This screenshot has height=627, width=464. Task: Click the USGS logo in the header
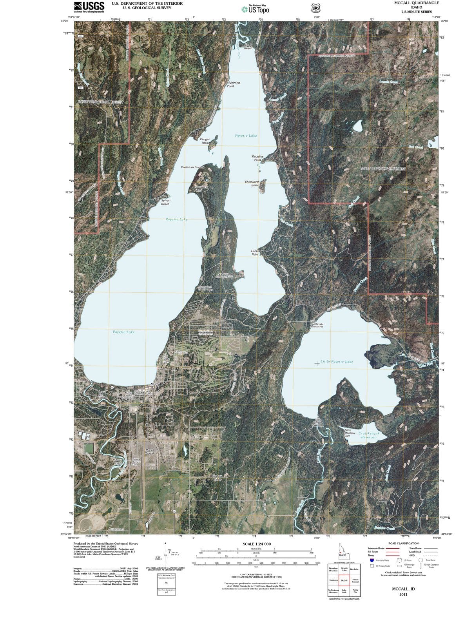pyautogui.click(x=89, y=7)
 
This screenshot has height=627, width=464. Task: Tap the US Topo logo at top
pyautogui.click(x=256, y=9)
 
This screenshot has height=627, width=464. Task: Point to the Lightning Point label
pyautogui.click(x=233, y=84)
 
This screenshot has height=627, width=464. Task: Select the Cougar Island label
pyautogui.click(x=205, y=141)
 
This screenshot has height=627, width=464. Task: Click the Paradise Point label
pyautogui.click(x=257, y=158)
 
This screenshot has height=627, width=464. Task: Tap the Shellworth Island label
pyautogui.click(x=252, y=183)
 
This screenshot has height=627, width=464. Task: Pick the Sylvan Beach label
pyautogui.click(x=165, y=202)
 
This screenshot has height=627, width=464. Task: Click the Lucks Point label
pyautogui.click(x=255, y=252)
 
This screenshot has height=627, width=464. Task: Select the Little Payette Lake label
pyautogui.click(x=336, y=361)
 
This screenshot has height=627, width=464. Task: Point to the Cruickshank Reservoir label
pyautogui.click(x=369, y=435)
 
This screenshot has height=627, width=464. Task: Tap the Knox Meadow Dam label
pyautogui.click(x=350, y=433)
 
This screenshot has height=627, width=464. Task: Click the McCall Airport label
pyautogui.click(x=149, y=451)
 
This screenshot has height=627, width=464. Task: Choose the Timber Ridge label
pyautogui.click(x=217, y=477)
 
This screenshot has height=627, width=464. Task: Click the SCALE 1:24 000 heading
pyautogui.click(x=257, y=544)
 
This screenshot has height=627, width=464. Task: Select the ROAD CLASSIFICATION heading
pyautogui.click(x=403, y=544)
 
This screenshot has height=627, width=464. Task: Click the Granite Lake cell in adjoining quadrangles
pyautogui.click(x=343, y=569)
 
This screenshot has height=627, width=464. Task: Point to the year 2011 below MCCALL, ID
pyautogui.click(x=403, y=594)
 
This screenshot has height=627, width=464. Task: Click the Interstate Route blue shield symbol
pyautogui.click(x=372, y=560)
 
